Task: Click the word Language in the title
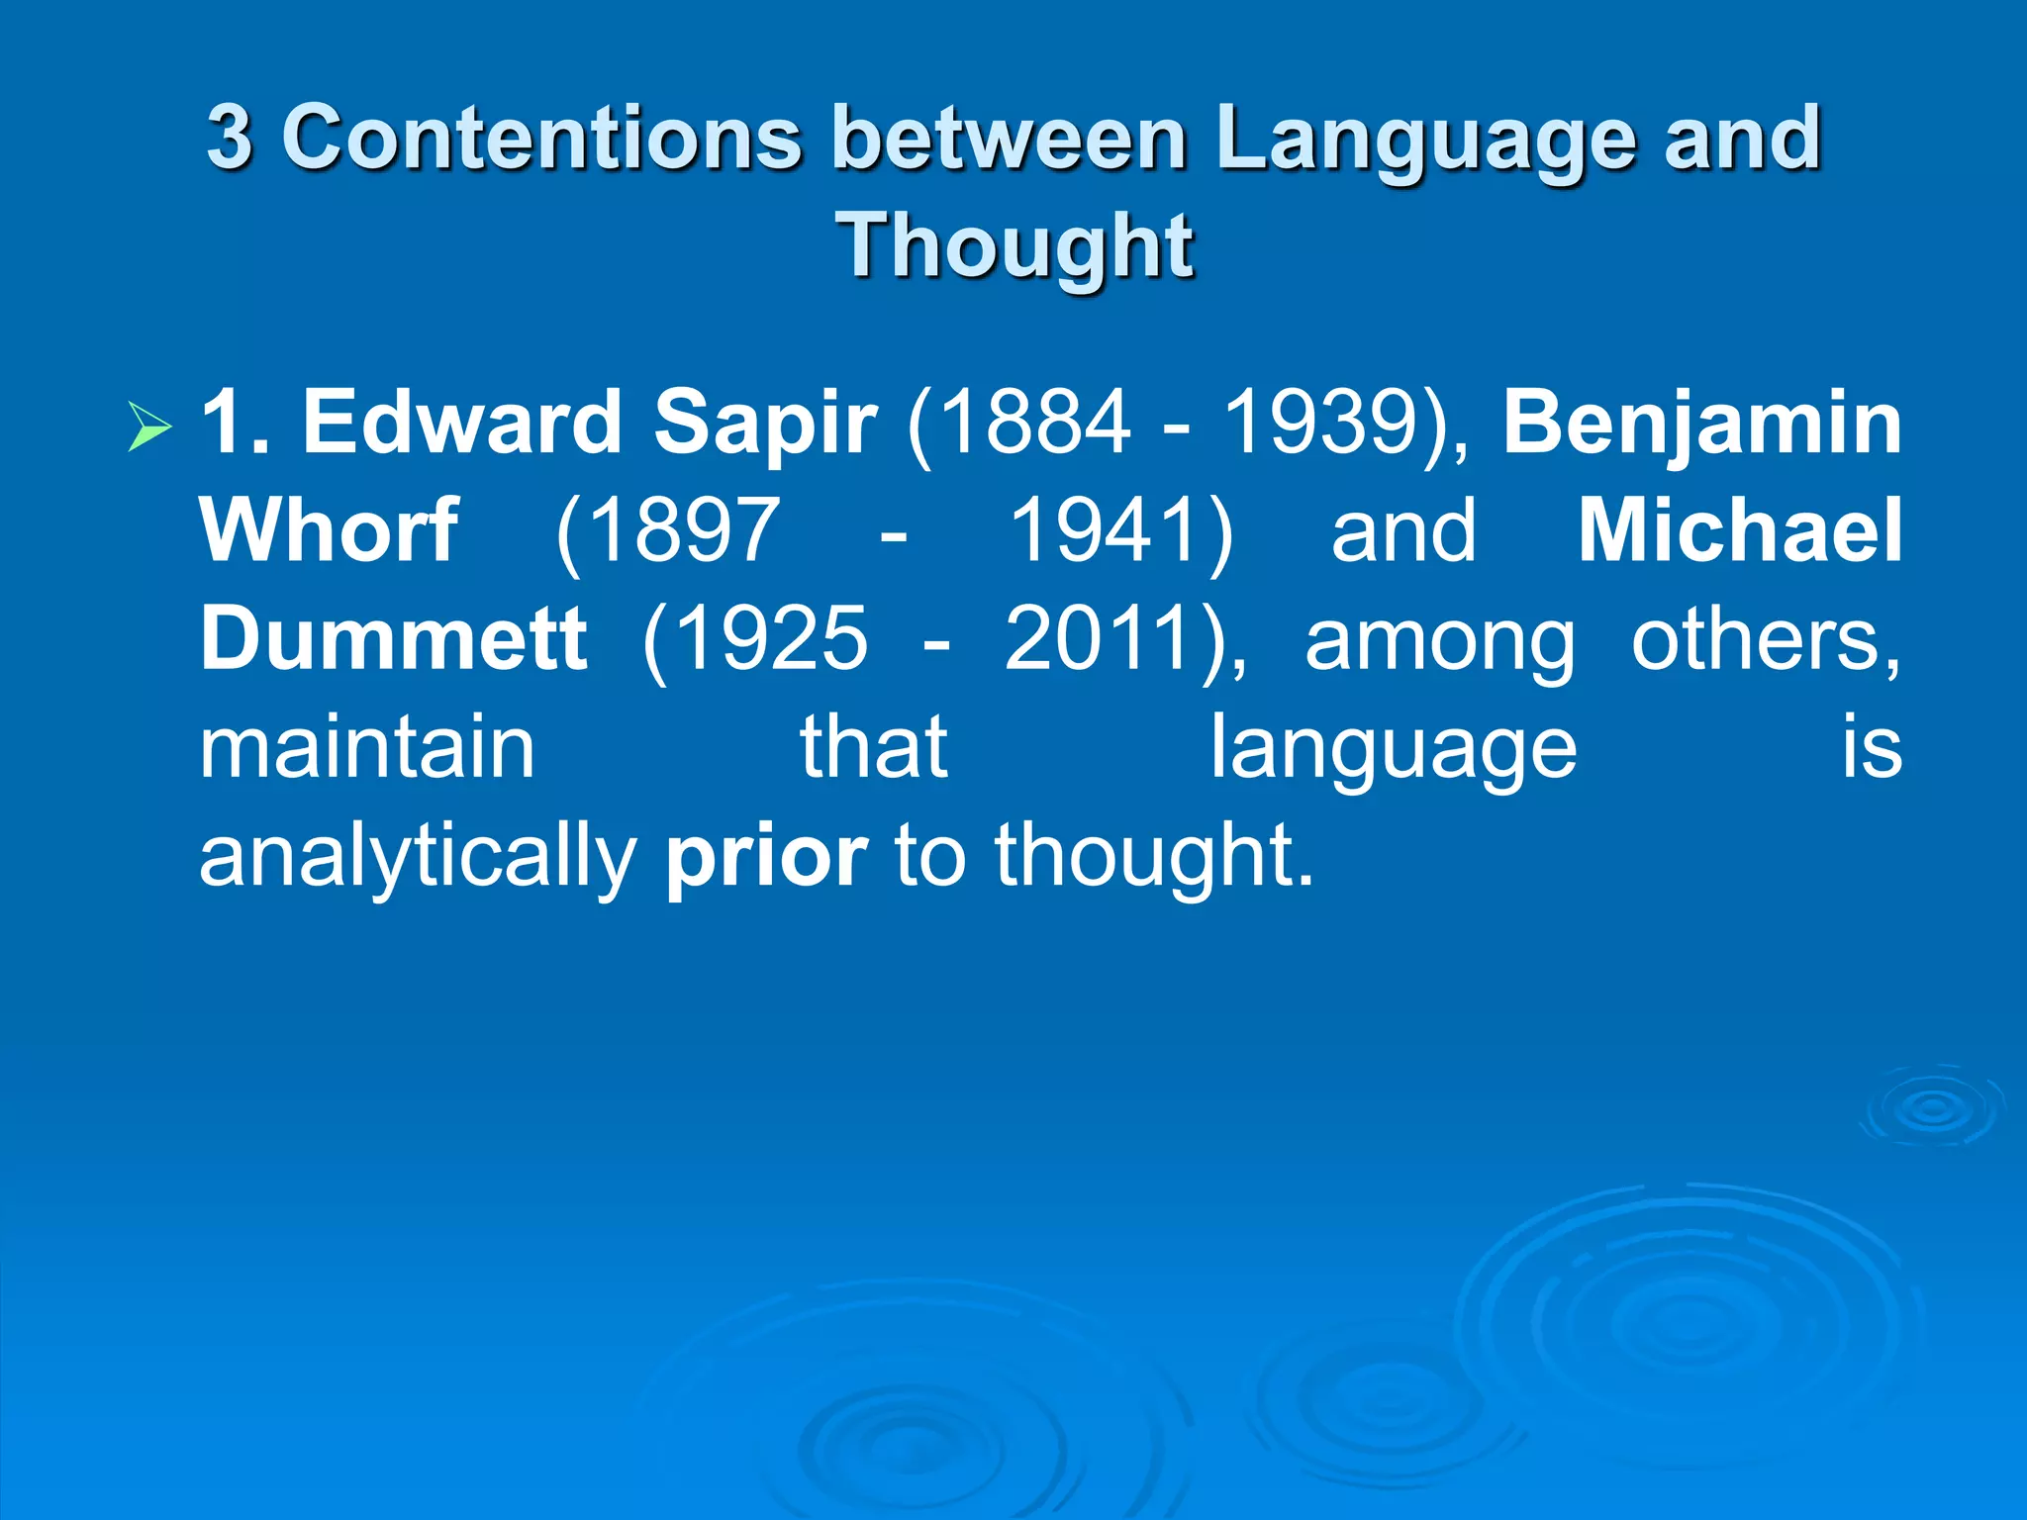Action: click(1427, 139)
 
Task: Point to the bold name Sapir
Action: click(765, 423)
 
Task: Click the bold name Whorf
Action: click(329, 531)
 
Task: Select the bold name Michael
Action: click(1739, 531)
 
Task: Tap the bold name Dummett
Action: click(394, 639)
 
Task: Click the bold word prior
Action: click(767, 857)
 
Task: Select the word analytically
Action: click(419, 857)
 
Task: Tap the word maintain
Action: click(367, 748)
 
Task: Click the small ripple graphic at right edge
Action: click(1932, 1108)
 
